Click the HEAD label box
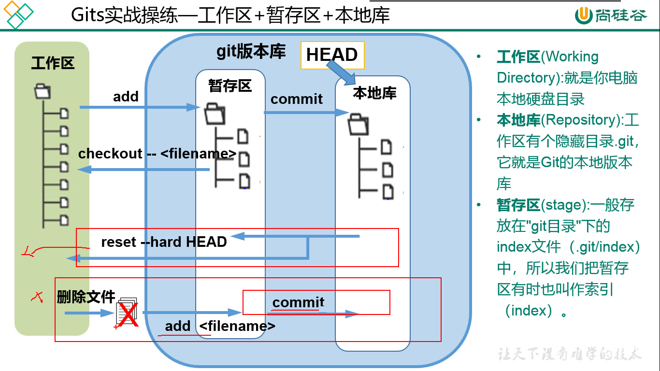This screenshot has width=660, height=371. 332,55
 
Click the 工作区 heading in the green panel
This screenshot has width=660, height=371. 53,63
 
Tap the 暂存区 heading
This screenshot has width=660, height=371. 230,86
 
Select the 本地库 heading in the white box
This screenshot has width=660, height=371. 374,93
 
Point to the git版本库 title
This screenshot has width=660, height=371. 251,51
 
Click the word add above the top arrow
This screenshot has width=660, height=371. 126,97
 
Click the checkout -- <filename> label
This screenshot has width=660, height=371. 157,154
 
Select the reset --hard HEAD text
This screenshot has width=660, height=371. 164,242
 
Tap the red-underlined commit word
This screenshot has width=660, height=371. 298,302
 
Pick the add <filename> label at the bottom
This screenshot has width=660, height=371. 220,326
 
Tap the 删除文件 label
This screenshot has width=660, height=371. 86,296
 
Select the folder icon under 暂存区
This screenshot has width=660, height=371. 215,114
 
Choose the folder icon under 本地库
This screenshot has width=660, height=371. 357,124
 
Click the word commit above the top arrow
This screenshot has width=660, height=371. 296,99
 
